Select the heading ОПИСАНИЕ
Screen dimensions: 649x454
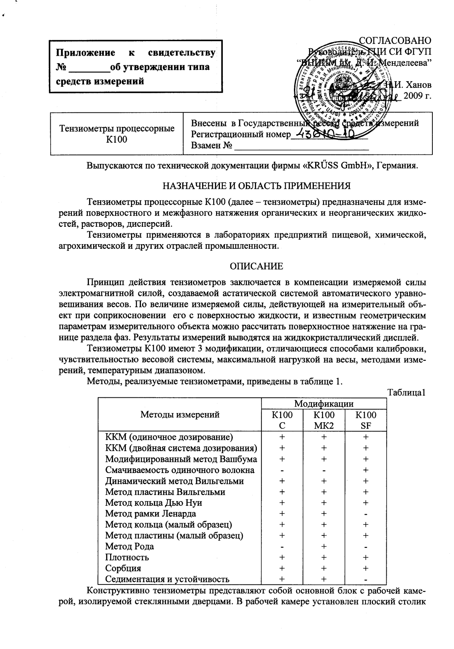(x=257, y=266)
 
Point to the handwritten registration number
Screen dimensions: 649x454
(x=328, y=135)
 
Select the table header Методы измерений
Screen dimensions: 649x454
(x=180, y=414)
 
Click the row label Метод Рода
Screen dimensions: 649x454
(x=129, y=546)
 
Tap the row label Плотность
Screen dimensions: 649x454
(x=127, y=557)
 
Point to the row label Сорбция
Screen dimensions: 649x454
(x=123, y=568)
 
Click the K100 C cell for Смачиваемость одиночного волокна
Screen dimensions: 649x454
(x=282, y=471)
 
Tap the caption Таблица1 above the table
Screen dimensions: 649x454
(x=406, y=392)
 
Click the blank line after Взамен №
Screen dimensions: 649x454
(x=301, y=146)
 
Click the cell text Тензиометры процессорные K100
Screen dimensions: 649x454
(x=117, y=134)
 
